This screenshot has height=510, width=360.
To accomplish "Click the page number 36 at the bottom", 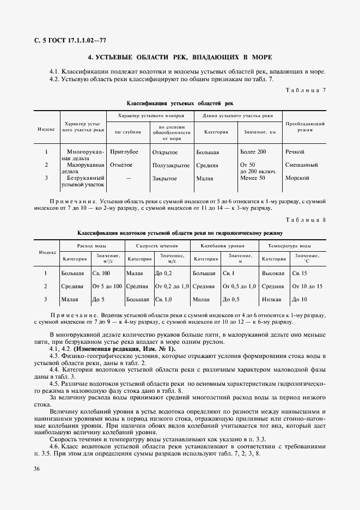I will coord(36,469).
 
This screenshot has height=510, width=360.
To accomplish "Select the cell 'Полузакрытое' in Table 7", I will coord(171,165).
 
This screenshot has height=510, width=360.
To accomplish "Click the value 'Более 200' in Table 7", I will coord(253,151).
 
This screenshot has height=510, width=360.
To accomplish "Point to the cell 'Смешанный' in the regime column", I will coord(301,165).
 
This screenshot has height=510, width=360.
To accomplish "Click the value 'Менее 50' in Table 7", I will coord(252,178).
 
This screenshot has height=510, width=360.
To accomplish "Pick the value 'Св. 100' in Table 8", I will coord(101,272).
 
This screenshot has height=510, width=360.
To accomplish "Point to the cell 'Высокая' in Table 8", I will coord(273,272).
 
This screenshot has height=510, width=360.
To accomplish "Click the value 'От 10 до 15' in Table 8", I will coord(307,286).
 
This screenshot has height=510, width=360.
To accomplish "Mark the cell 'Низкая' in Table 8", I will coord(271,299).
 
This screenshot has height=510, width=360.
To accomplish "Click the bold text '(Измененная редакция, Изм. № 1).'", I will coord(125,349).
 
